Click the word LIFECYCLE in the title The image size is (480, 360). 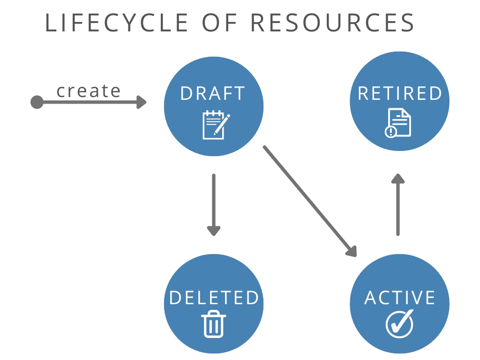pos(117,23)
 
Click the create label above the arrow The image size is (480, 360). pos(89,90)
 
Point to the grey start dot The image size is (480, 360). pos(37,102)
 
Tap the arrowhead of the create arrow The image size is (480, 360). pos(142,102)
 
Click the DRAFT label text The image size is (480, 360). pos(213,93)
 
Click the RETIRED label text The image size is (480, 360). pos(400,93)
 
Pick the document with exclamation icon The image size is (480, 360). pos(398,123)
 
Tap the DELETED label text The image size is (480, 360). pos(214,298)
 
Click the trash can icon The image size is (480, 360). pos(214,323)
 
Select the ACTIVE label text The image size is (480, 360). pos(400,298)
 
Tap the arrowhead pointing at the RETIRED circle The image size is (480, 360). pos(398,179)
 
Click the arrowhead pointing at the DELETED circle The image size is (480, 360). pos(214,231)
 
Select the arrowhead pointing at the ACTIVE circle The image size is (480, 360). pos(352,251)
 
